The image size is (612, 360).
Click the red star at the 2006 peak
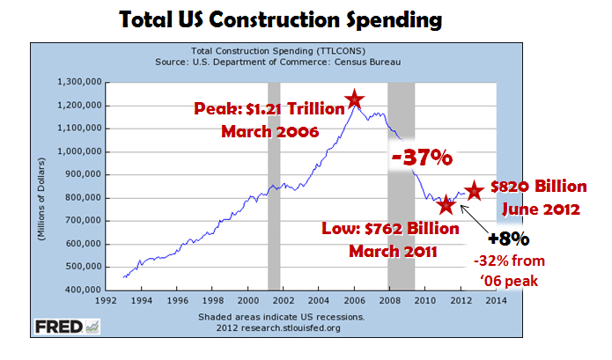pos(354,99)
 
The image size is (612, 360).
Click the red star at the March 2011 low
pos(446,205)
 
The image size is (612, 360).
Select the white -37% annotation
pos(422,158)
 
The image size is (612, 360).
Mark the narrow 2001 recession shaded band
pos(274,185)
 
